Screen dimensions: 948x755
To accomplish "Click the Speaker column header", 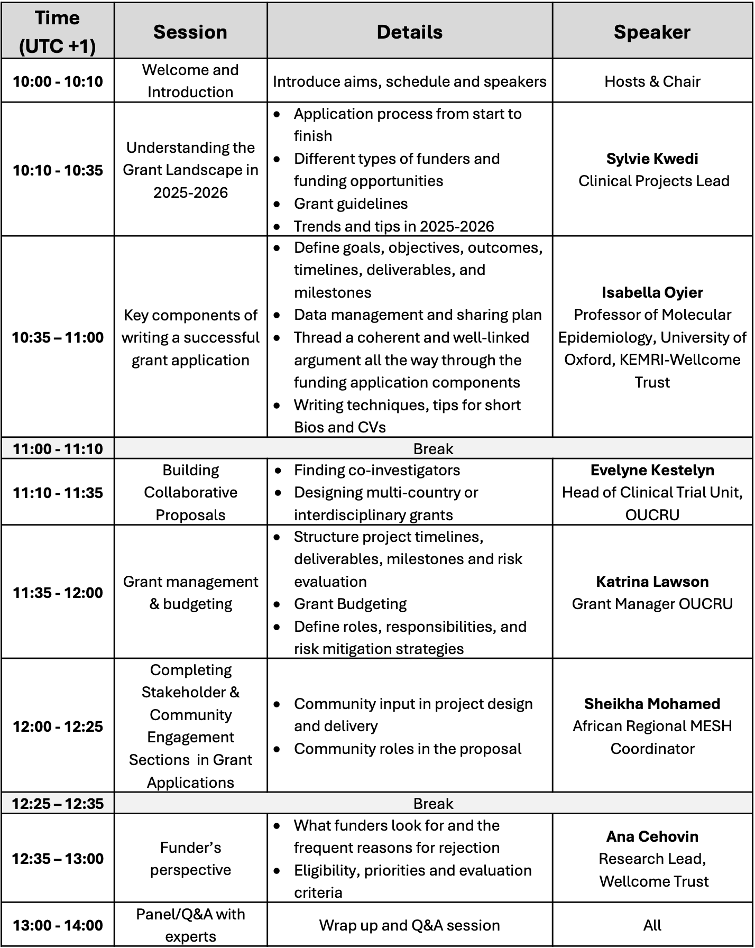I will click(x=651, y=32).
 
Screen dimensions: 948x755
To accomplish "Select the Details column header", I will click(x=409, y=32).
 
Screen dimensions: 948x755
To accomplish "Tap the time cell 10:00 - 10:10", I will click(x=58, y=81).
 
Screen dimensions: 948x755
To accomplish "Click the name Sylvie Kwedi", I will click(x=651, y=159).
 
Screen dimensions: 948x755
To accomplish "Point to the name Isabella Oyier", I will click(x=651, y=292).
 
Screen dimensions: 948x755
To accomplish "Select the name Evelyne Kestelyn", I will click(x=651, y=470).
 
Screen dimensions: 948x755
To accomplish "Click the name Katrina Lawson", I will click(x=651, y=582).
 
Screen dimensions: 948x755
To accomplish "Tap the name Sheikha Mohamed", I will click(x=651, y=704).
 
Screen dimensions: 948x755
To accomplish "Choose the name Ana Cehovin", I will click(x=651, y=836).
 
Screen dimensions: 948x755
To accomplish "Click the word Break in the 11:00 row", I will click(x=433, y=449).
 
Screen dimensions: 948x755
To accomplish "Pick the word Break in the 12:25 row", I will click(x=433, y=804).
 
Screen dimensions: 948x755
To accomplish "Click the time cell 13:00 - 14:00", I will click(x=58, y=925).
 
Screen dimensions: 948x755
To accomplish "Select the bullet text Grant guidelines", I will click(x=351, y=204).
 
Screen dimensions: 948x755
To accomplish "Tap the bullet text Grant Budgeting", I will click(x=350, y=604).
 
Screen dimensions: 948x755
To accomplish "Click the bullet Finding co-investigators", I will click(x=376, y=470).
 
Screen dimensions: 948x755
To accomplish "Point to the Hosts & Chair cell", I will click(x=651, y=81).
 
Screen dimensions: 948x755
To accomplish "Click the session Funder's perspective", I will click(x=190, y=859).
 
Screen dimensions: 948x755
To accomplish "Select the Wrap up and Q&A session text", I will click(x=409, y=925).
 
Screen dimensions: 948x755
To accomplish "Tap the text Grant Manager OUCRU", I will click(x=651, y=604).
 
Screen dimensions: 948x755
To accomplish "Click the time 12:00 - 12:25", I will click(x=58, y=726).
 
